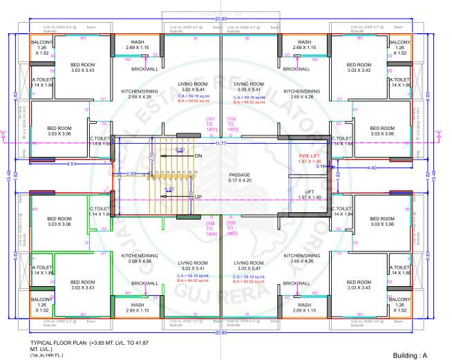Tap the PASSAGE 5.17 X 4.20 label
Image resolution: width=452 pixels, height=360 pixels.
[240, 178]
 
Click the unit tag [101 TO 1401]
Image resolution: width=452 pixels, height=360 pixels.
[211, 125]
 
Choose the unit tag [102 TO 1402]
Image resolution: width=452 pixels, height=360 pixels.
[232, 125]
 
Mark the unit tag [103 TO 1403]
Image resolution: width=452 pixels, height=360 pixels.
[232, 229]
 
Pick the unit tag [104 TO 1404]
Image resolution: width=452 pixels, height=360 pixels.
[211, 229]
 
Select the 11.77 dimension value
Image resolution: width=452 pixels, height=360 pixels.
[221, 144]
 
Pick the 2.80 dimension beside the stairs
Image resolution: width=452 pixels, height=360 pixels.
[131, 173]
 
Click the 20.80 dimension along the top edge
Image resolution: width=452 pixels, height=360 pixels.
[220, 19]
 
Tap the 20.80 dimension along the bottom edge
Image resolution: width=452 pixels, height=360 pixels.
[220, 332]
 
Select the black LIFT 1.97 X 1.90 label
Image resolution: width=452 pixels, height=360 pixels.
[310, 195]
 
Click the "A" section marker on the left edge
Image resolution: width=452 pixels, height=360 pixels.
[6, 133]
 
